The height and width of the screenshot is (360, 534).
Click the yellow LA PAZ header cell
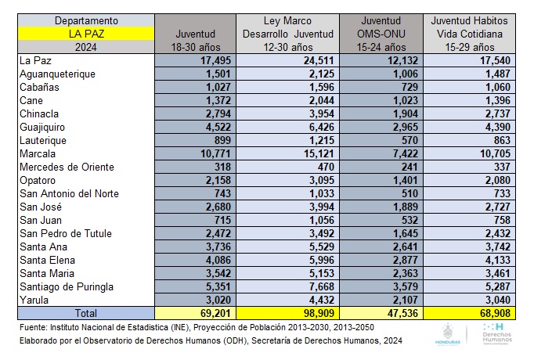pos(88,34)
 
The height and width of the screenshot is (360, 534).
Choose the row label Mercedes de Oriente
pos(67,167)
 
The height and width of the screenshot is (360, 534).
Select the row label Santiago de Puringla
pos(67,286)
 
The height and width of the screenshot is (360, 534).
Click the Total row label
pos(88,313)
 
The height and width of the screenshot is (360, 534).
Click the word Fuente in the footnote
pos(34,326)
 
